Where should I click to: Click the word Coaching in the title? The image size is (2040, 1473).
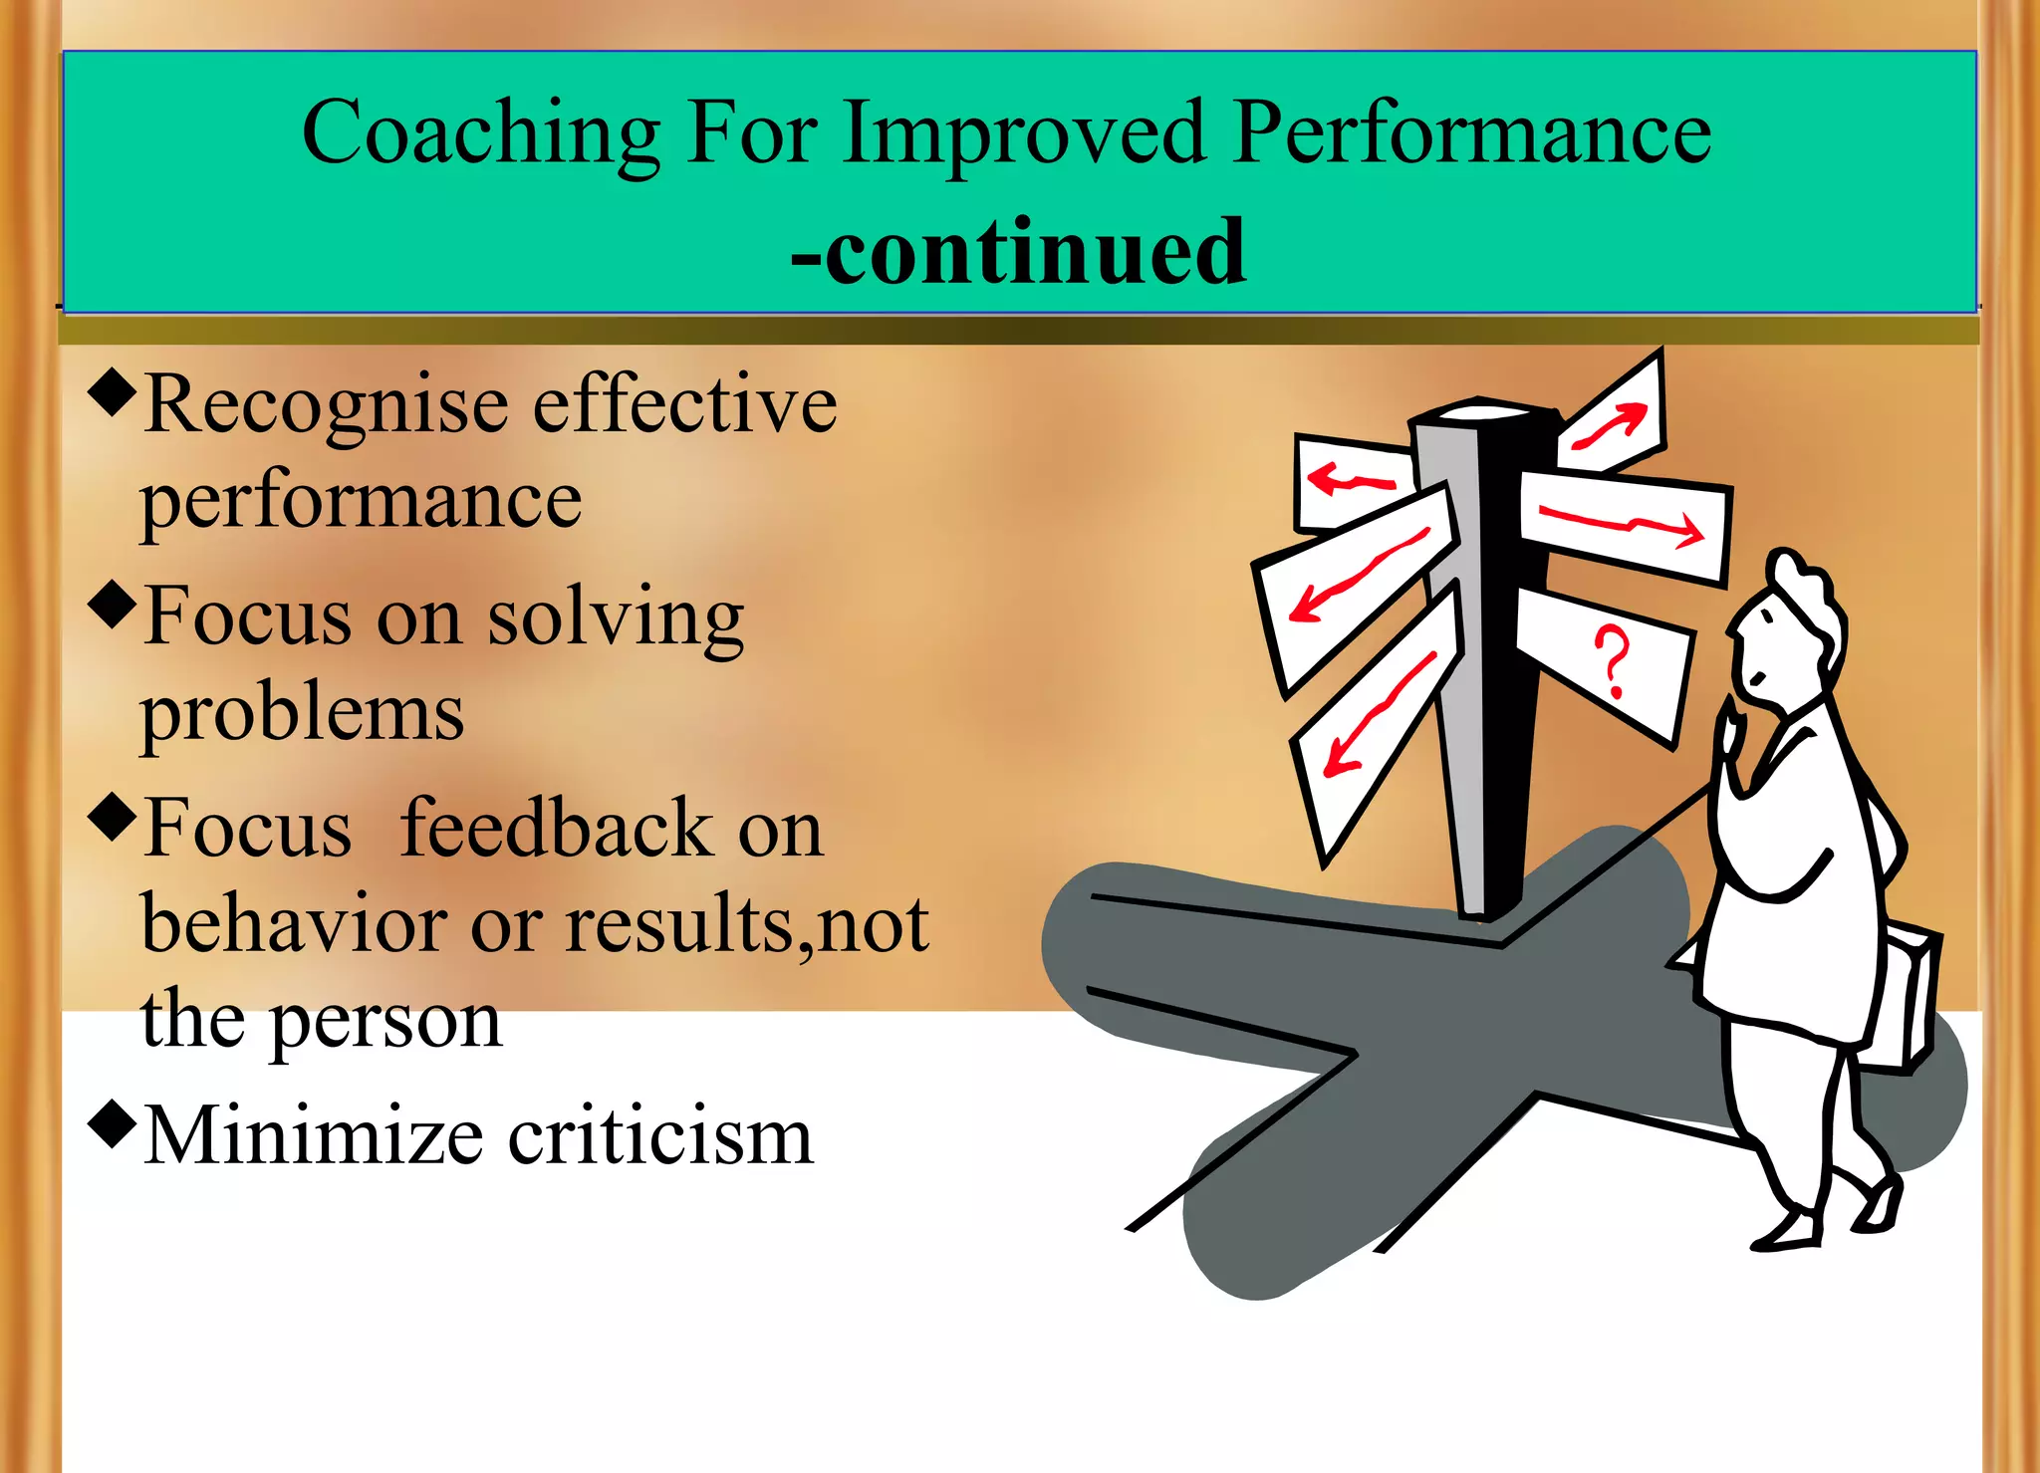pyautogui.click(x=480, y=134)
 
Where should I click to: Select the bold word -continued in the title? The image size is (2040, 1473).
pyautogui.click(x=1018, y=251)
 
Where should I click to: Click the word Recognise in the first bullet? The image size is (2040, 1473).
pyautogui.click(x=326, y=405)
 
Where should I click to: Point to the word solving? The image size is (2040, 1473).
pyautogui.click(x=615, y=618)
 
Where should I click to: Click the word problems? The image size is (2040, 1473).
pyautogui.click(x=302, y=713)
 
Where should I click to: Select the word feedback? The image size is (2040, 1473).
pyautogui.click(x=555, y=829)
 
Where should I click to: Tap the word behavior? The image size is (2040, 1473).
pyautogui.click(x=294, y=924)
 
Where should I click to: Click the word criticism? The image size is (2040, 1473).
pyautogui.click(x=660, y=1135)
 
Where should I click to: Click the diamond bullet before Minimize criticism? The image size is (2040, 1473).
pyautogui.click(x=112, y=1121)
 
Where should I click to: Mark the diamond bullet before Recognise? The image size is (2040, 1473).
pyautogui.click(x=112, y=391)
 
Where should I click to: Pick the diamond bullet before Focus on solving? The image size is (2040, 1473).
pyautogui.click(x=112, y=604)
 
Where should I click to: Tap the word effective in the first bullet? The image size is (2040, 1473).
pyautogui.click(x=684, y=405)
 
